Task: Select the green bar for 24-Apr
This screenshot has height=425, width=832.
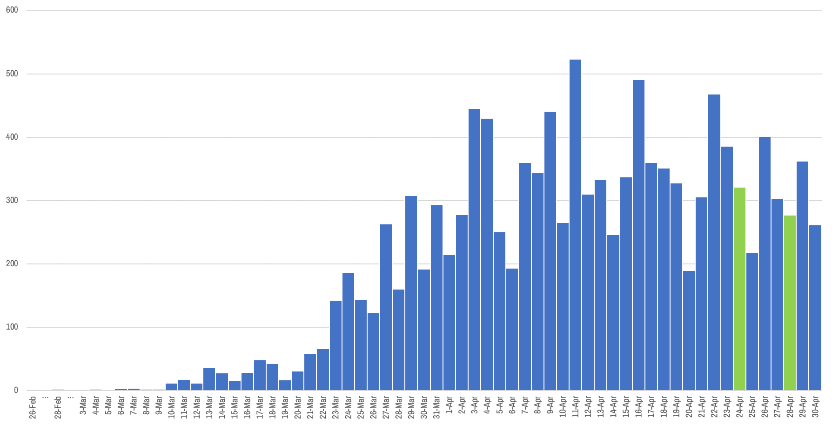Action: pos(739,289)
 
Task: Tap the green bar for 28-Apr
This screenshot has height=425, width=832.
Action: pos(790,303)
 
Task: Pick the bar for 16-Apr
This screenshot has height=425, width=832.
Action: pos(638,235)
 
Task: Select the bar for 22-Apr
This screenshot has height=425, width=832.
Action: pos(714,242)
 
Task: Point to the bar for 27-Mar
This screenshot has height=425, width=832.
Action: pos(386,307)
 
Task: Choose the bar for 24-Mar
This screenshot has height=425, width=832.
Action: pos(348,331)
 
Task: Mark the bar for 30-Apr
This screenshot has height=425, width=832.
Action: pos(815,308)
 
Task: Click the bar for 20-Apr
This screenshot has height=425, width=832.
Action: pos(689,331)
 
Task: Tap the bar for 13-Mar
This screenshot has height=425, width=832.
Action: pos(209,379)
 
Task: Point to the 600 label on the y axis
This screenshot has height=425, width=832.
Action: pos(12,10)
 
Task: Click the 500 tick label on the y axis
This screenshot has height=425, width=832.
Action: pos(12,74)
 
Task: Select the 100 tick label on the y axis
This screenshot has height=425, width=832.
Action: pos(12,327)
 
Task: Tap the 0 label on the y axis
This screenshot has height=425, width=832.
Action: pos(16,390)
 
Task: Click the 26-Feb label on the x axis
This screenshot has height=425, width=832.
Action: pos(33,407)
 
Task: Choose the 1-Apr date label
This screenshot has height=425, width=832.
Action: pos(450,405)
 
